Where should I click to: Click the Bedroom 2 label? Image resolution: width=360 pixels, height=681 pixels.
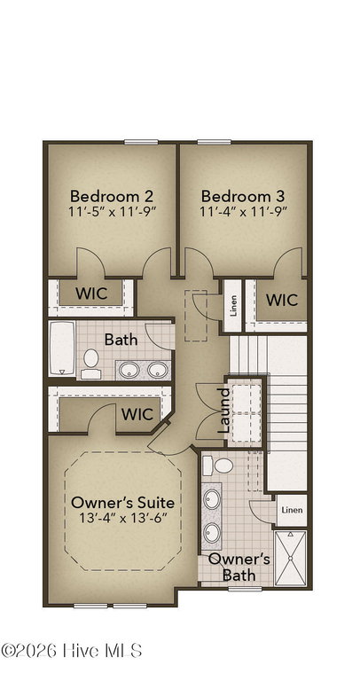pyautogui.click(x=112, y=196)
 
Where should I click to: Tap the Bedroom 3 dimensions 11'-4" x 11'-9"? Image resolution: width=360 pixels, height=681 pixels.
pyautogui.click(x=243, y=212)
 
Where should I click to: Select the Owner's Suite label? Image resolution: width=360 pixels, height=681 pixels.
pyautogui.click(x=123, y=503)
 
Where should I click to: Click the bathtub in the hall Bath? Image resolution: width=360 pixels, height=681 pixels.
pyautogui.click(x=62, y=348)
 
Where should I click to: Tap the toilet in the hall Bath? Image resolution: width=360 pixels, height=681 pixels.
pyautogui.click(x=90, y=364)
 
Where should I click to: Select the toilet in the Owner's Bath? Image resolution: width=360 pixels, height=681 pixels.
pyautogui.click(x=218, y=466)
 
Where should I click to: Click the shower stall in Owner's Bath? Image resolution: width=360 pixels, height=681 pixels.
pyautogui.click(x=291, y=558)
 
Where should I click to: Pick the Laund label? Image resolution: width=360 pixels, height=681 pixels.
pyautogui.click(x=223, y=411)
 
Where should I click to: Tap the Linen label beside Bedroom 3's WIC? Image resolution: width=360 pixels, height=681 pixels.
pyautogui.click(x=233, y=307)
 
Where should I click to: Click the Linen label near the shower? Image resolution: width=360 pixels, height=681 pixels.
pyautogui.click(x=292, y=510)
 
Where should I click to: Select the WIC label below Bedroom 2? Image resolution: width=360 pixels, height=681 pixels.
pyautogui.click(x=91, y=294)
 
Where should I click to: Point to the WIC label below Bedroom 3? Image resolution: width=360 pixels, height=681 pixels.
pyautogui.click(x=282, y=300)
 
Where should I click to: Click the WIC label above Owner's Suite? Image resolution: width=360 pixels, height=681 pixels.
pyautogui.click(x=137, y=414)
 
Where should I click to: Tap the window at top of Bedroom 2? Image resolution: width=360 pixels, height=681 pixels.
pyautogui.click(x=141, y=142)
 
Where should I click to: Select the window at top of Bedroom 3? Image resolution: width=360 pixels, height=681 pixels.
pyautogui.click(x=214, y=142)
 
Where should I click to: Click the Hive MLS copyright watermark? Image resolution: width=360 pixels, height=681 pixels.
pyautogui.click(x=72, y=651)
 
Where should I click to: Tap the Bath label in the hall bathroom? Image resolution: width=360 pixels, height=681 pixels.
pyautogui.click(x=121, y=340)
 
